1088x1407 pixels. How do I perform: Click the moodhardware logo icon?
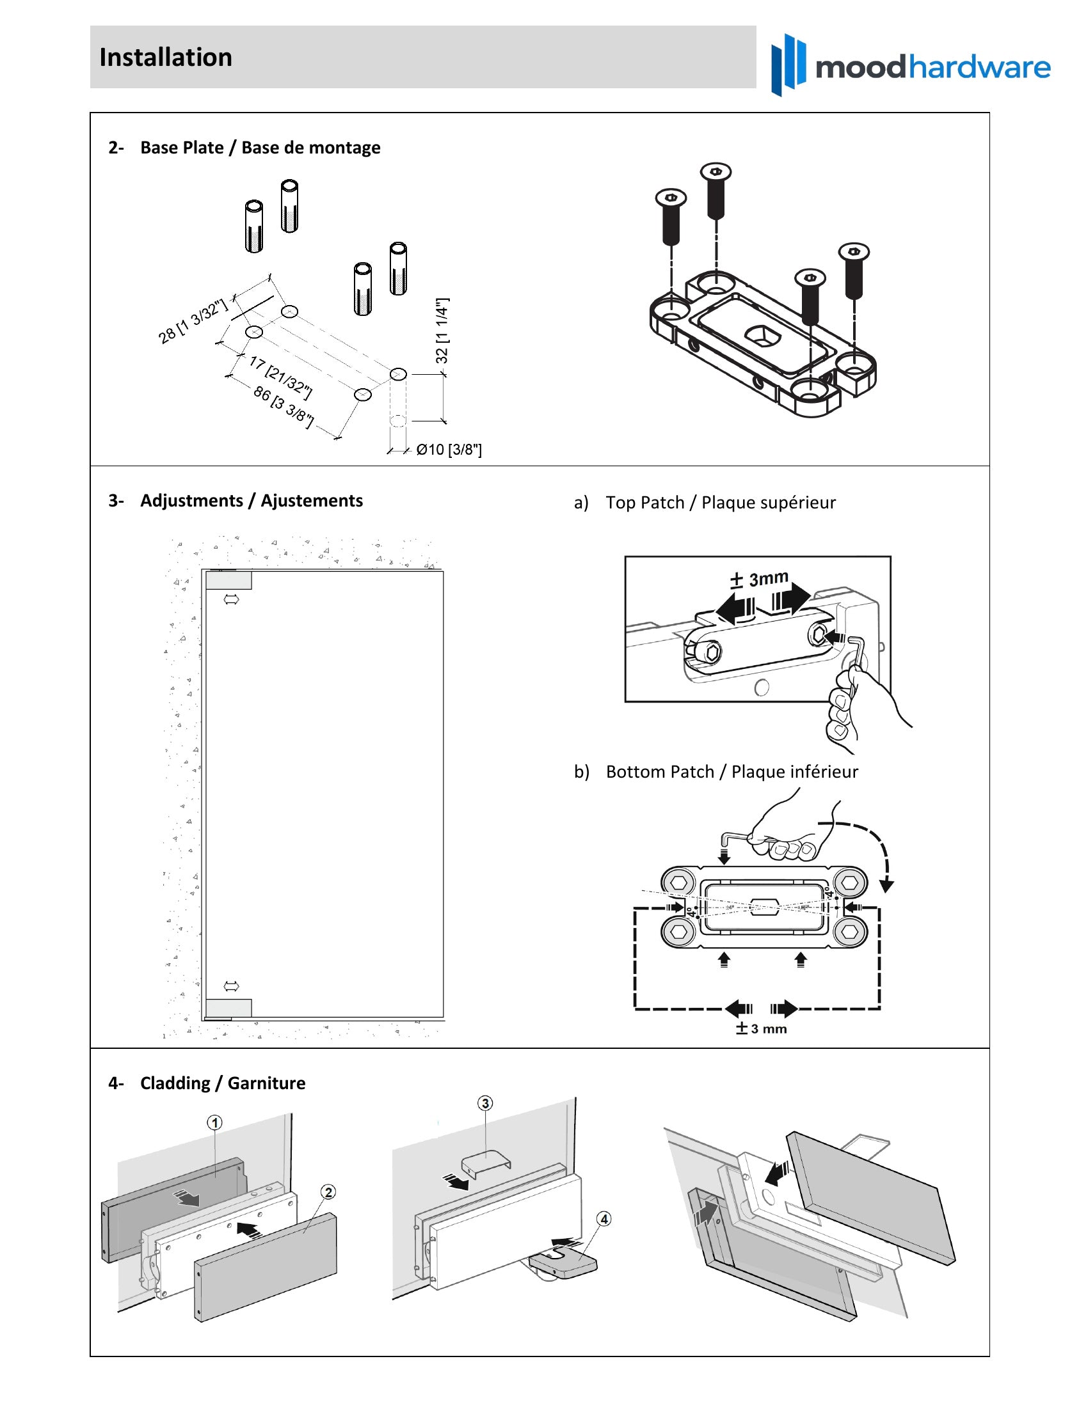(x=788, y=65)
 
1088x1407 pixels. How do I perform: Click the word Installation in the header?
(x=166, y=58)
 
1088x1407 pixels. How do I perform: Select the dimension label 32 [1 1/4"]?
(x=442, y=331)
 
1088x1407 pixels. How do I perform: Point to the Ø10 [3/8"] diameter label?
(x=449, y=450)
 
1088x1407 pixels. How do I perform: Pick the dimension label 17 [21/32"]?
(x=280, y=377)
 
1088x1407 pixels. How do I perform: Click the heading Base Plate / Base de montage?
(x=260, y=148)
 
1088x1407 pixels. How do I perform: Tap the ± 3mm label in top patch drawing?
(x=759, y=579)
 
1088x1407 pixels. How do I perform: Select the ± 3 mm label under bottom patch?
(x=761, y=1028)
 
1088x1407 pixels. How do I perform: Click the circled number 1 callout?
(x=214, y=1123)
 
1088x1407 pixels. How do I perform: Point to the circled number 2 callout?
(x=328, y=1192)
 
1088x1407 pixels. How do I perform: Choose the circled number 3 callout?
(x=485, y=1104)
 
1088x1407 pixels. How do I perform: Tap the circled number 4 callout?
(x=604, y=1219)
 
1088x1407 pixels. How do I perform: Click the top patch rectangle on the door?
(x=229, y=581)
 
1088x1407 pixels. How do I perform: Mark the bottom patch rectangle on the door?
(x=229, y=1007)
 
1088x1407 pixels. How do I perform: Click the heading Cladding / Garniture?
(x=222, y=1083)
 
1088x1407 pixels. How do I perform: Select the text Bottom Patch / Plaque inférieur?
(x=732, y=772)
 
